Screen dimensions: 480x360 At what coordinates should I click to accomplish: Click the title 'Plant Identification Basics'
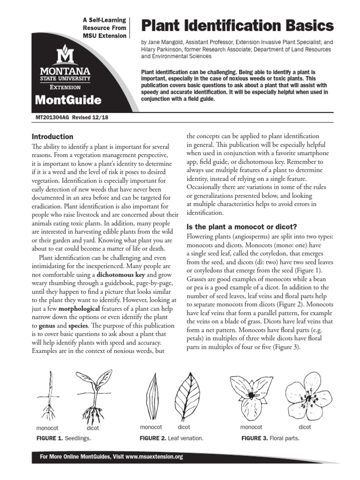coord(238,25)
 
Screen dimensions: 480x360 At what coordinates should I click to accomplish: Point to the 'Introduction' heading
coord(52,137)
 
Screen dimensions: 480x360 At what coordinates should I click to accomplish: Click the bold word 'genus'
coord(48,325)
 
